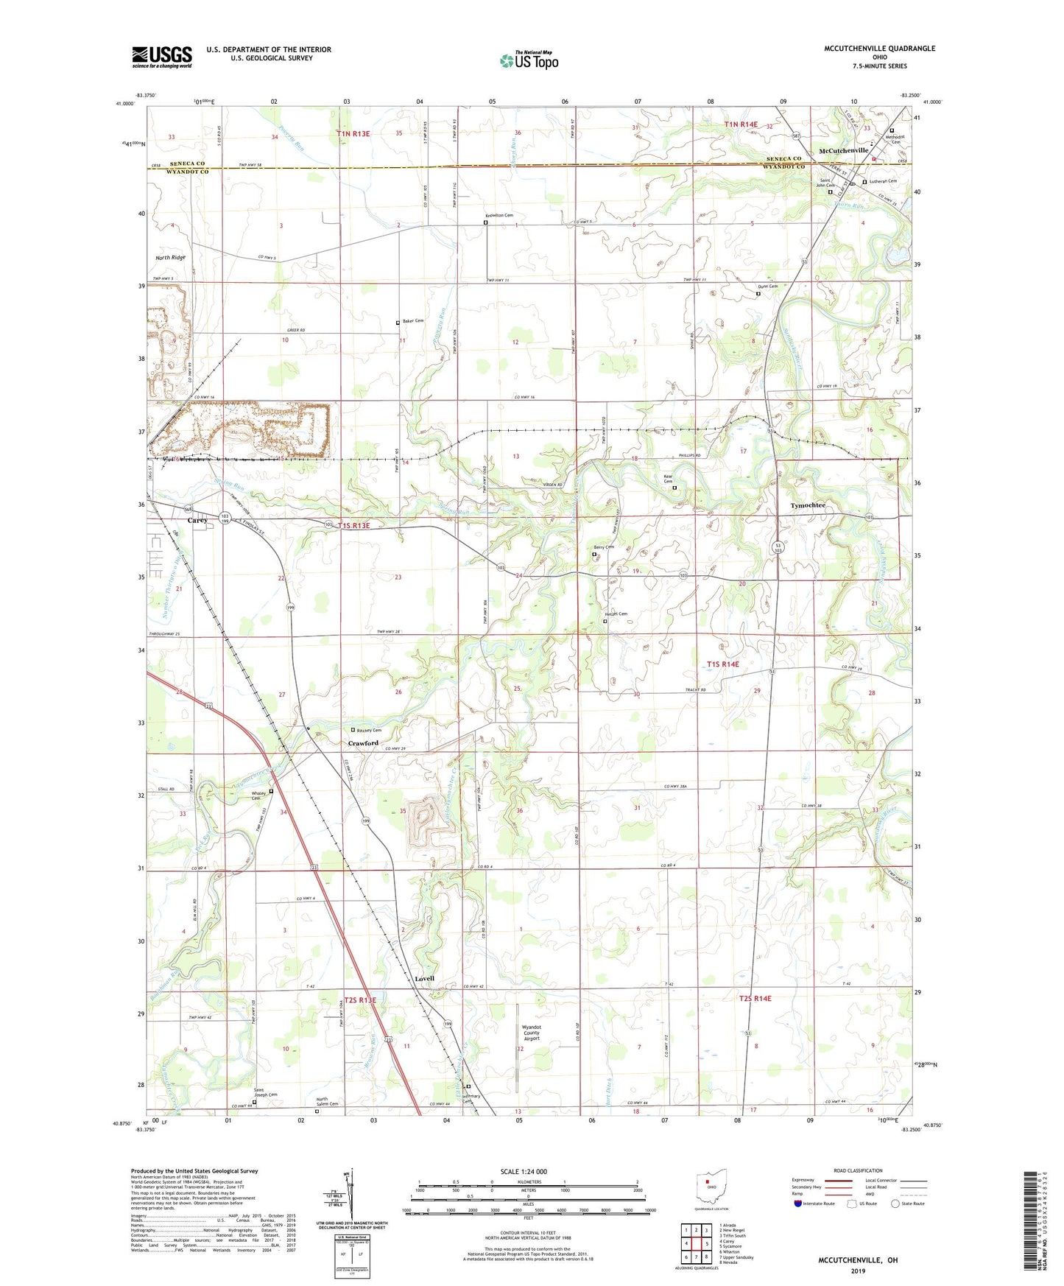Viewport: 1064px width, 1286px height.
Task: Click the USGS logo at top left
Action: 162,57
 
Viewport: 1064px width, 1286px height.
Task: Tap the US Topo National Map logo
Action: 528,60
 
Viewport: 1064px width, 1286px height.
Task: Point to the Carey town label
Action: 197,520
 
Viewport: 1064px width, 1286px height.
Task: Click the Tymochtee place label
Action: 808,505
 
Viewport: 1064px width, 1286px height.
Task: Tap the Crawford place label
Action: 363,743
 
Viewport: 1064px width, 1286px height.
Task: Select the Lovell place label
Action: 425,979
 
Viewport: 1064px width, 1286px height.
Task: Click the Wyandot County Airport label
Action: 531,1033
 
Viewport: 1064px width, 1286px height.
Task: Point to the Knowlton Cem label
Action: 498,215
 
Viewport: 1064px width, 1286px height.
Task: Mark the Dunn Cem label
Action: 768,287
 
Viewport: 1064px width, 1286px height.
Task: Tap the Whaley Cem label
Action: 259,795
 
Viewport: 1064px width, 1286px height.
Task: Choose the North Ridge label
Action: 170,258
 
